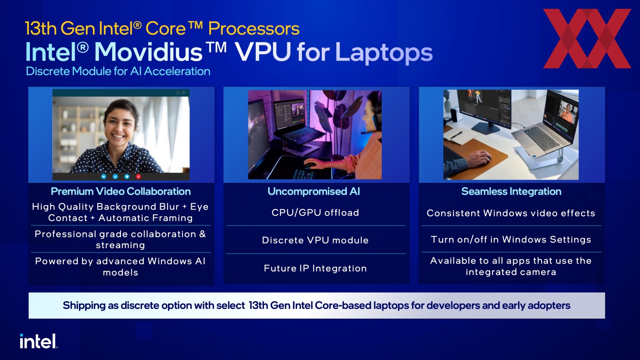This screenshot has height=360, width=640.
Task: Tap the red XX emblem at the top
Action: (x=587, y=39)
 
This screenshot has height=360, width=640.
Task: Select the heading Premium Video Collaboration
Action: (x=121, y=191)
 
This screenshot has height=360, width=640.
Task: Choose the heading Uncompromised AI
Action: (x=314, y=191)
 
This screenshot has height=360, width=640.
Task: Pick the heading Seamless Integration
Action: (x=511, y=191)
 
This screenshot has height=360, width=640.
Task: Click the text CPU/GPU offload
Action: (x=315, y=213)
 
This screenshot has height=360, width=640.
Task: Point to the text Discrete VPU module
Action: (x=315, y=240)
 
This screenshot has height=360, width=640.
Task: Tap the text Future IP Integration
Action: (x=315, y=268)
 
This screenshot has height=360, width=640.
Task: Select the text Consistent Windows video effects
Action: (x=511, y=213)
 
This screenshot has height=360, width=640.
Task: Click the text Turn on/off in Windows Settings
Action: (x=511, y=240)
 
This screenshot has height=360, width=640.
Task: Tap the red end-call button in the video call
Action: (x=138, y=176)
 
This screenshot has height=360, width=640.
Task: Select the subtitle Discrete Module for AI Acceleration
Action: (x=118, y=71)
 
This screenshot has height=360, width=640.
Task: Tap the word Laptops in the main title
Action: (x=384, y=53)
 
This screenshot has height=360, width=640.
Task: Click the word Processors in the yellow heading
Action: (x=254, y=29)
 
